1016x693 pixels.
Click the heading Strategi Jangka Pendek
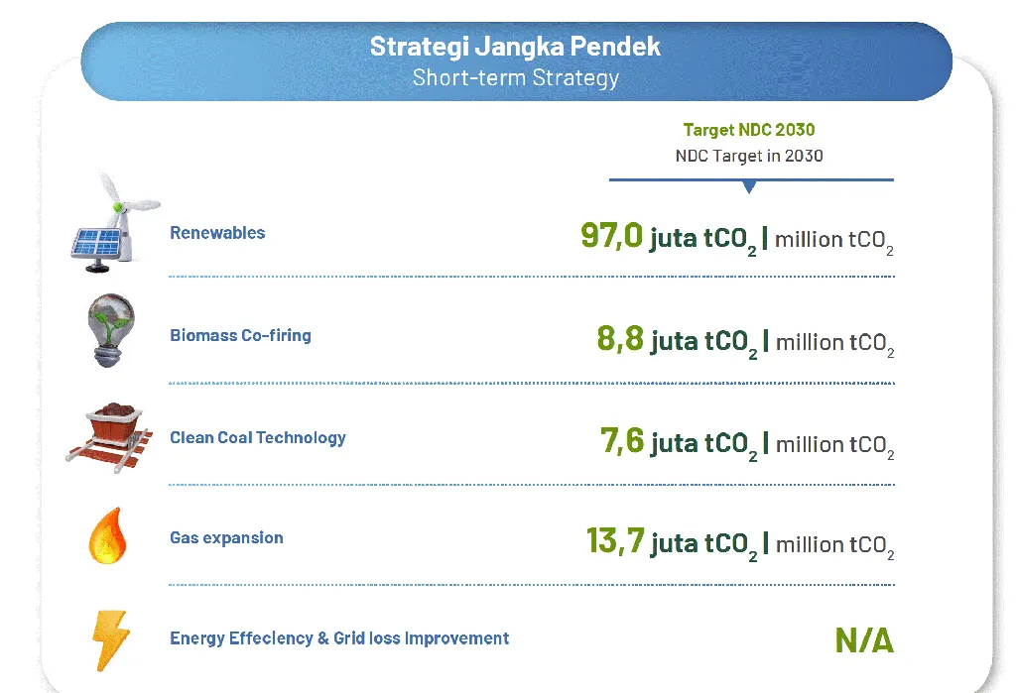(x=515, y=47)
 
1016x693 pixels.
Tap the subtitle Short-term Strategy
(x=516, y=77)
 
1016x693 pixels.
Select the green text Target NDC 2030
(x=749, y=130)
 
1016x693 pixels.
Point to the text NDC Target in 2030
(x=749, y=156)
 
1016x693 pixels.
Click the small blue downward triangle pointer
(x=749, y=187)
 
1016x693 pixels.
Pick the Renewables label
(x=217, y=233)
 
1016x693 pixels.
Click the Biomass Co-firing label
(x=240, y=335)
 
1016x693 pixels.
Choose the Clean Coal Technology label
(x=258, y=438)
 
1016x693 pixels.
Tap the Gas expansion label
(x=226, y=537)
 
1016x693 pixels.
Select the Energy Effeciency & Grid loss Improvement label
(x=339, y=638)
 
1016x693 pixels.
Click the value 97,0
(x=611, y=235)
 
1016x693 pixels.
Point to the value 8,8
(x=620, y=338)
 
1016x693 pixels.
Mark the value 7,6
(x=622, y=440)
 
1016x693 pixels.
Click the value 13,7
(x=615, y=540)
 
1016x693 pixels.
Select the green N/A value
(x=864, y=640)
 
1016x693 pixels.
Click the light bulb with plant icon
(x=111, y=330)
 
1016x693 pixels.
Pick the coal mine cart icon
(x=110, y=437)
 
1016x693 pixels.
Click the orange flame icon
(x=107, y=535)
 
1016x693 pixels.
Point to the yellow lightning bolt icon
(x=111, y=639)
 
